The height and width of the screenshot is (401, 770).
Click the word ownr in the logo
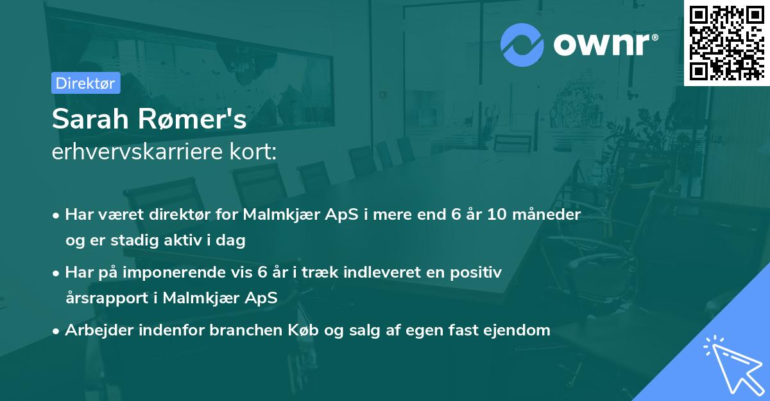point(604,44)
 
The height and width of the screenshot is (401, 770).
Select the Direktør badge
point(85,83)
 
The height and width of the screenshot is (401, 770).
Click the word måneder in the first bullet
point(550,215)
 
